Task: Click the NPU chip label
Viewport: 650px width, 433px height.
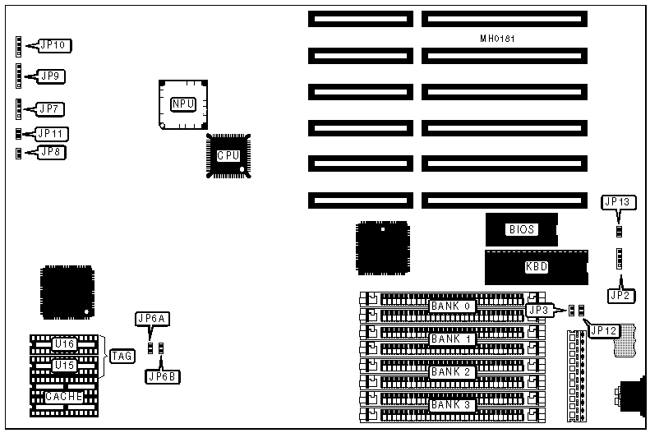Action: pos(182,104)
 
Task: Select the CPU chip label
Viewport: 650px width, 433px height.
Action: pos(228,155)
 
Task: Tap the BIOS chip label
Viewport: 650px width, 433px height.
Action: pos(522,230)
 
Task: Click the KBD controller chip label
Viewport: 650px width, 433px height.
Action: pos(536,266)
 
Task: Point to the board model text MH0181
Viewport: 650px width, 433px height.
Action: pos(498,39)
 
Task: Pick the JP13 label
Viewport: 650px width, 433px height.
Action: pos(618,201)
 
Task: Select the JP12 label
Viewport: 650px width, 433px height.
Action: pos(604,330)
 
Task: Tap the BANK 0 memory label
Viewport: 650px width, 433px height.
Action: pos(451,306)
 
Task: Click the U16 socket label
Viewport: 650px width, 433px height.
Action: pos(63,343)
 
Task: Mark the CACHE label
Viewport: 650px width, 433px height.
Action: pos(63,397)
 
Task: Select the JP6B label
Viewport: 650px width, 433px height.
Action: pos(161,376)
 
